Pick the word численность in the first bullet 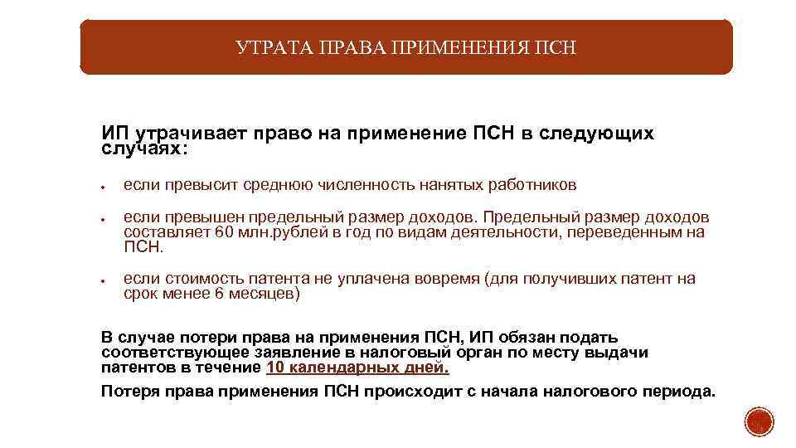(351, 184)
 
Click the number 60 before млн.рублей (225, 232)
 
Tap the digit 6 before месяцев (220, 294)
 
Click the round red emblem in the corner (758, 421)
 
